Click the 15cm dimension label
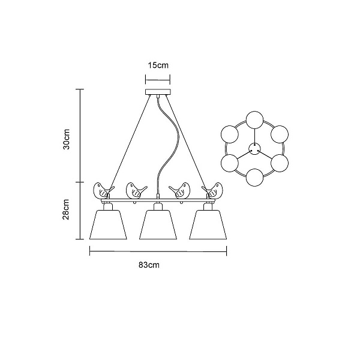pos(158,65)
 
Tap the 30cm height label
pos(67,139)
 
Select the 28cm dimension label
pos(66,209)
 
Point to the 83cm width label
pos(149,265)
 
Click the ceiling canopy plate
pos(158,92)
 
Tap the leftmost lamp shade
pos(108,224)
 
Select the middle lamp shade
pos(158,224)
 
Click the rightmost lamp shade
pos(208,224)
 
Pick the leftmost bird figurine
pos(103,191)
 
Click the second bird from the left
pos(136,191)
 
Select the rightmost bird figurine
pos(212,191)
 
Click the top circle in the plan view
pos(254,120)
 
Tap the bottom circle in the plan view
pos(254,178)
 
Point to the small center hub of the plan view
pos(254,149)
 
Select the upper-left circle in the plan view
pos(230,134)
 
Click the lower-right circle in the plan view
pos(280,163)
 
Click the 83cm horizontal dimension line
pos(158,251)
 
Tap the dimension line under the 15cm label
pos(158,80)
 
